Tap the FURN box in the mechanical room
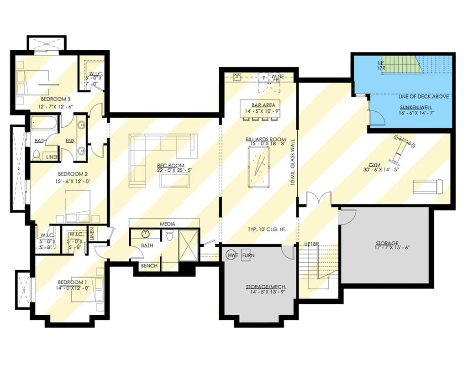coord(248,255)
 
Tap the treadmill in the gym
coord(428,186)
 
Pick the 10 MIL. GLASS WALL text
coord(293,162)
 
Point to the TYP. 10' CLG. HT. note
coord(267,229)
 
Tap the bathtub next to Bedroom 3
coord(44,123)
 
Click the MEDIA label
coord(168,224)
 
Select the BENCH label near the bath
coord(150,266)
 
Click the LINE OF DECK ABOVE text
coord(423,96)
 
